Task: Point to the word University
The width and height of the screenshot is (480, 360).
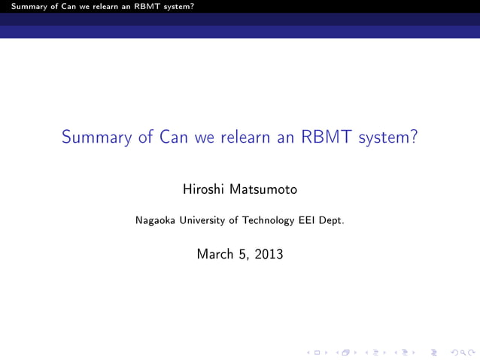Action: point(205,220)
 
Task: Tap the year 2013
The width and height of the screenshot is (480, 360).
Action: point(269,254)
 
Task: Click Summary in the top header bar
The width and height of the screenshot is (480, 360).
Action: point(19,6)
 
